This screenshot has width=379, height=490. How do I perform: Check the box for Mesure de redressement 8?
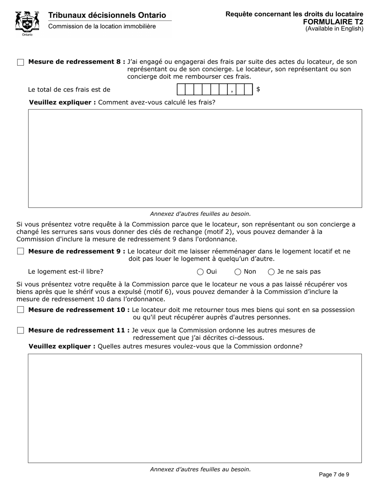(x=21, y=62)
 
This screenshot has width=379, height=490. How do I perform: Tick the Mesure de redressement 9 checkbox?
(x=21, y=251)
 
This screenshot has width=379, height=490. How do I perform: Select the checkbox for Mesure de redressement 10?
(x=21, y=310)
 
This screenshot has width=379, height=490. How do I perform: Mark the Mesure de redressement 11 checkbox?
(x=21, y=330)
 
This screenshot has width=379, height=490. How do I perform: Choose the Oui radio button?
(x=200, y=272)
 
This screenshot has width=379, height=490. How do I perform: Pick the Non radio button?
(x=238, y=272)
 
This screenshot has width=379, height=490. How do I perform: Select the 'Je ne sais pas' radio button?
(x=271, y=272)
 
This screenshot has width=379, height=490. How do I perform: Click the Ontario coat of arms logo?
(x=27, y=23)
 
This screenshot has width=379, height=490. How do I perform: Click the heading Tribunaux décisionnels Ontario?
(x=107, y=15)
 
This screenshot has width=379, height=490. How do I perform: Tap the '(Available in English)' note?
(x=334, y=29)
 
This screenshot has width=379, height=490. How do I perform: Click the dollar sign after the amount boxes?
(x=258, y=89)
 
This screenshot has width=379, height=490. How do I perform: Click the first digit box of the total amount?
(x=181, y=90)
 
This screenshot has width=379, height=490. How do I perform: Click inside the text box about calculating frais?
(x=195, y=158)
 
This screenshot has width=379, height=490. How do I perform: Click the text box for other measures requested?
(x=195, y=408)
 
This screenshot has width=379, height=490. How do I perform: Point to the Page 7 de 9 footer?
(x=334, y=474)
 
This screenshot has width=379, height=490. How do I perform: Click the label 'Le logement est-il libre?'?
(x=65, y=272)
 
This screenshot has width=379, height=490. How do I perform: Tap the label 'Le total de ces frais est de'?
(x=69, y=90)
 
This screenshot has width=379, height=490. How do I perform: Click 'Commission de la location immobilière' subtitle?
(x=102, y=26)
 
